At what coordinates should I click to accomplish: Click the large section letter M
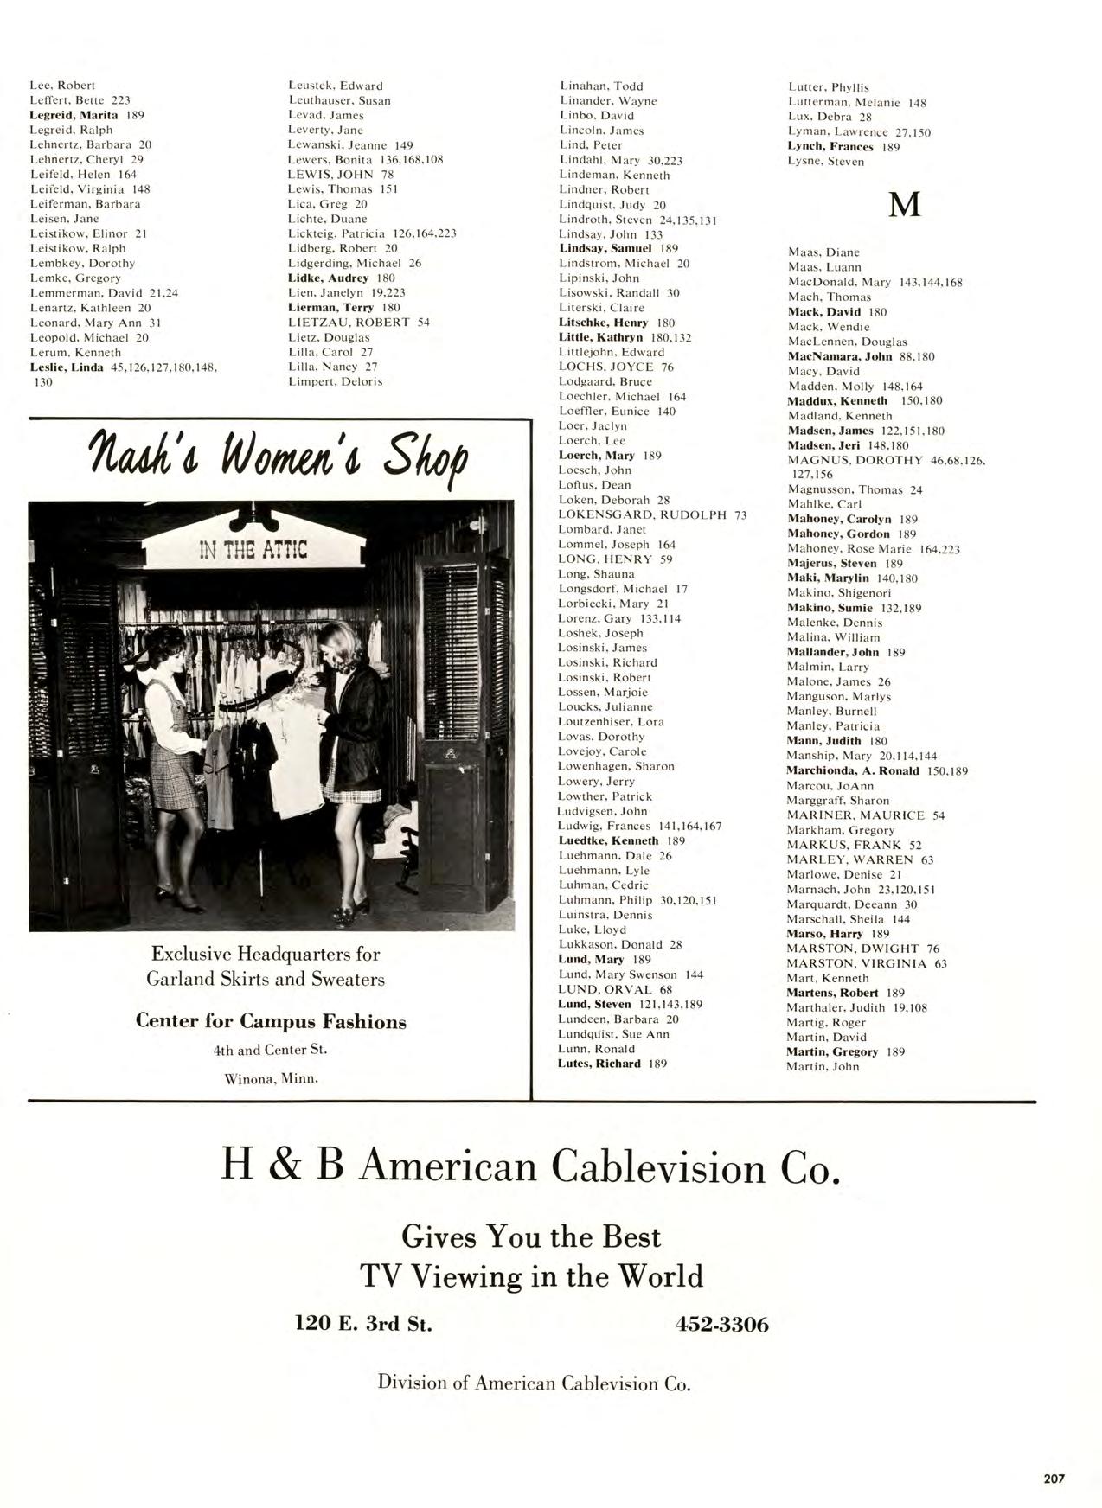click(904, 205)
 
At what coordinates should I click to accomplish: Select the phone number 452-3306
click(721, 1324)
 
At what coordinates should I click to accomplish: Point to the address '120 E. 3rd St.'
click(363, 1324)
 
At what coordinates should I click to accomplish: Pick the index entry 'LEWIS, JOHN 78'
click(341, 175)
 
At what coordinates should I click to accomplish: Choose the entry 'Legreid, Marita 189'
click(86, 115)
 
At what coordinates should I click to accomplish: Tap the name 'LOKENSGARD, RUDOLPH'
click(643, 515)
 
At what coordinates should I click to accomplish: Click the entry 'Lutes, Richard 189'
click(612, 1064)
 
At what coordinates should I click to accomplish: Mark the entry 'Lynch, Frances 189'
click(843, 147)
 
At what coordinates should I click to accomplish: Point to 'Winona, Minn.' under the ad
click(272, 1078)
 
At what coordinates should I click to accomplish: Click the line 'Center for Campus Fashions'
click(271, 1021)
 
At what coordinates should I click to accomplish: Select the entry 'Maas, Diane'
click(823, 252)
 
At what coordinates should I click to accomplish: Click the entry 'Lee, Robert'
click(62, 86)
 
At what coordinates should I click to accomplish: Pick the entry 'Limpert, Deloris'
click(335, 381)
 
